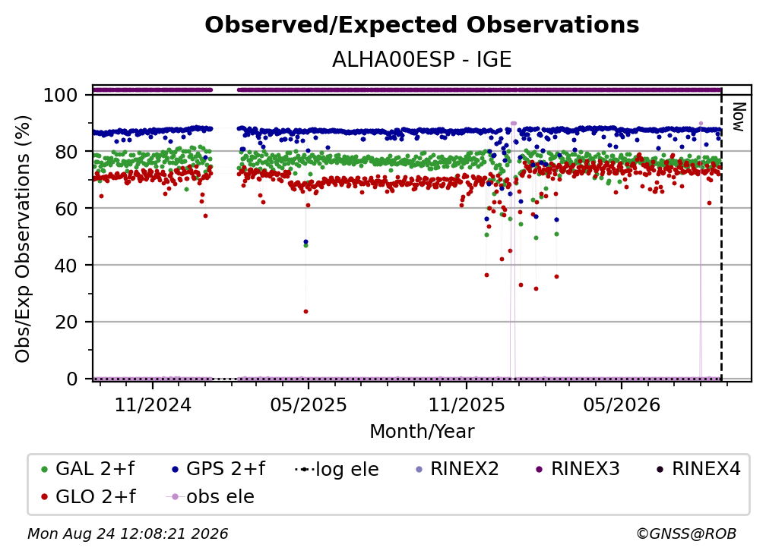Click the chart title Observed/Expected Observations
[422, 25]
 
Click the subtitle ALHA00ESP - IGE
[422, 59]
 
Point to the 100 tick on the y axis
[61, 95]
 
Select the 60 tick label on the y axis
[66, 208]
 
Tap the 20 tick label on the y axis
[66, 322]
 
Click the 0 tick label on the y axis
[72, 379]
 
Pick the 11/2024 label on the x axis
[153, 404]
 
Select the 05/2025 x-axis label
[309, 404]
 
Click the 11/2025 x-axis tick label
[467, 404]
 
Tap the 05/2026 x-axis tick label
[622, 404]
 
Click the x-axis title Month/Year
[422, 431]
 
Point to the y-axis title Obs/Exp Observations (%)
[23, 239]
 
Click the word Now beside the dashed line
[739, 117]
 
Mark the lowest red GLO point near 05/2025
[305, 312]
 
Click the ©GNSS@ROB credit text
[686, 534]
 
